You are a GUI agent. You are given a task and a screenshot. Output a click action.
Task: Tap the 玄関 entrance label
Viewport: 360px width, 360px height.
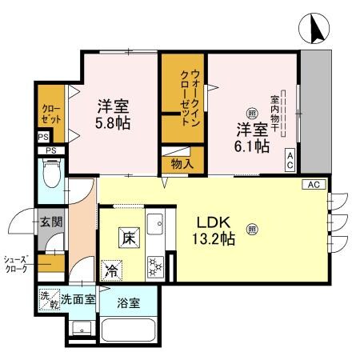pyautogui.click(x=51, y=222)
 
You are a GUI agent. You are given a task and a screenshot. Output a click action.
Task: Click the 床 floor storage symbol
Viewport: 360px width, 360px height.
pyautogui.click(x=128, y=237)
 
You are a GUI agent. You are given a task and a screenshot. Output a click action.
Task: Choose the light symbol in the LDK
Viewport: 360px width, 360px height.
pyautogui.click(x=253, y=229)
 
